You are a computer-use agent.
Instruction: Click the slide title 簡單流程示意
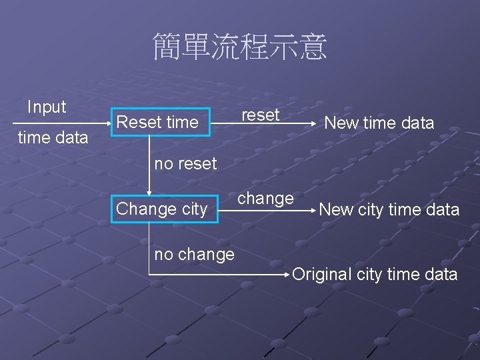click(x=240, y=47)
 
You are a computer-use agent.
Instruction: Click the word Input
click(x=47, y=107)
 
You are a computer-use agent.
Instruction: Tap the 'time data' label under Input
click(x=53, y=137)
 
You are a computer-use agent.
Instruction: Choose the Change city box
click(x=162, y=209)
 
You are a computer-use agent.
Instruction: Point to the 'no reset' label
click(x=185, y=163)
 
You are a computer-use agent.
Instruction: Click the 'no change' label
click(x=194, y=254)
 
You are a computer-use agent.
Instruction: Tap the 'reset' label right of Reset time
click(x=260, y=115)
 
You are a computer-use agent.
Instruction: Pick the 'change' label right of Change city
click(x=265, y=198)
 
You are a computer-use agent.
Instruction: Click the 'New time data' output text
click(x=379, y=123)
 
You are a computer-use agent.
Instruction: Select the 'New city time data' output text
click(x=389, y=209)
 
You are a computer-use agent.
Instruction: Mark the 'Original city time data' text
click(x=375, y=274)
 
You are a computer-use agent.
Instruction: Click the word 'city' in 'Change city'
click(x=194, y=209)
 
